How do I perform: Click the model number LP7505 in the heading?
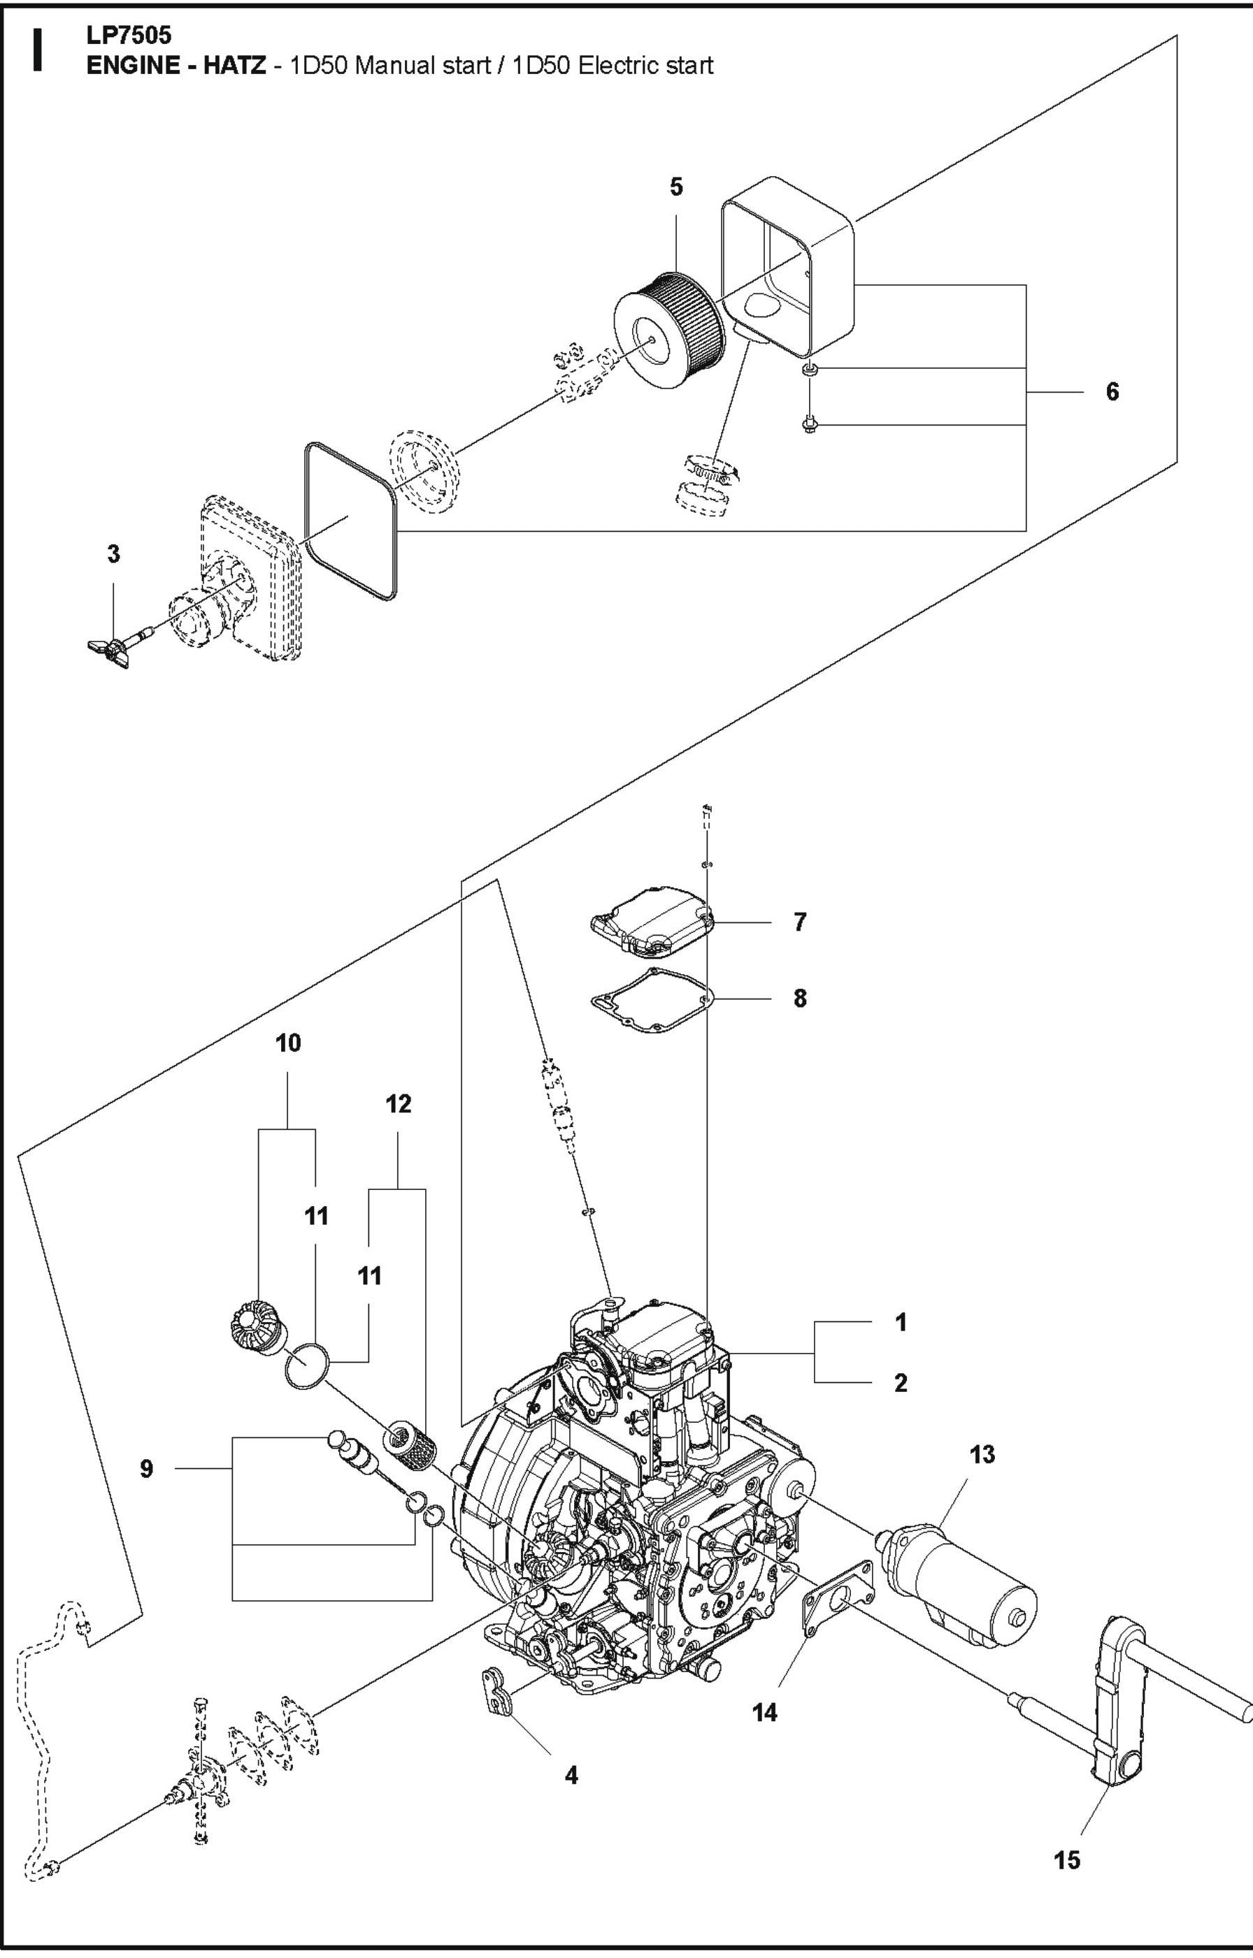129,36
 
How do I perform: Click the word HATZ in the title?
234,66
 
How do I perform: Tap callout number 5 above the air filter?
676,188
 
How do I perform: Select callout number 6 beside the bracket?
1112,392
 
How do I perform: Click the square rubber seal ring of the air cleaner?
350,521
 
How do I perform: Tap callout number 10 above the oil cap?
288,1043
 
